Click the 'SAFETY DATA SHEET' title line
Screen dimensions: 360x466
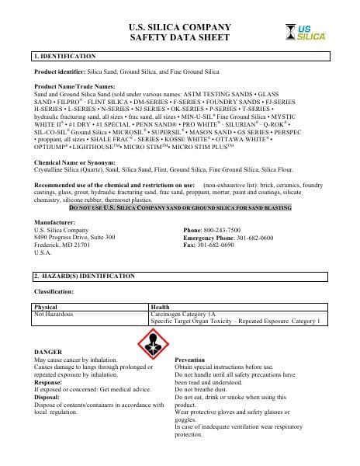(x=179, y=37)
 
